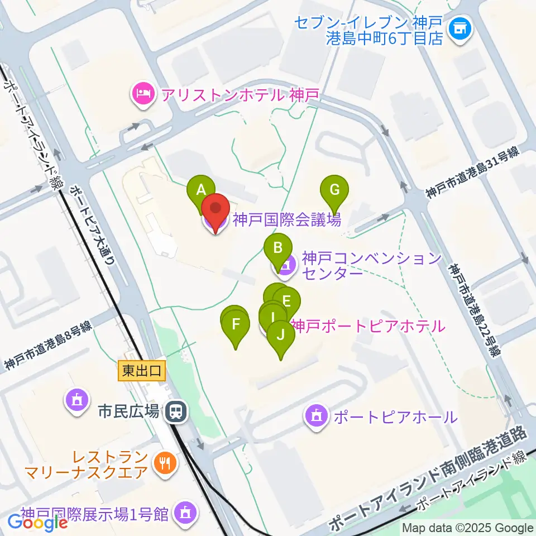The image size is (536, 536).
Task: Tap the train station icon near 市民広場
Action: tap(176, 412)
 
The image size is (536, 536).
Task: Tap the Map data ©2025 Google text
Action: tap(468, 528)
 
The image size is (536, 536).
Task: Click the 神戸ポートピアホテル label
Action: tap(367, 326)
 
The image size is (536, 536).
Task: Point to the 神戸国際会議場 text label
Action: tap(286, 220)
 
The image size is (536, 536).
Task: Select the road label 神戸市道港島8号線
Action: tap(47, 347)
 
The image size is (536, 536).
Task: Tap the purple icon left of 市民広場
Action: tap(75, 400)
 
